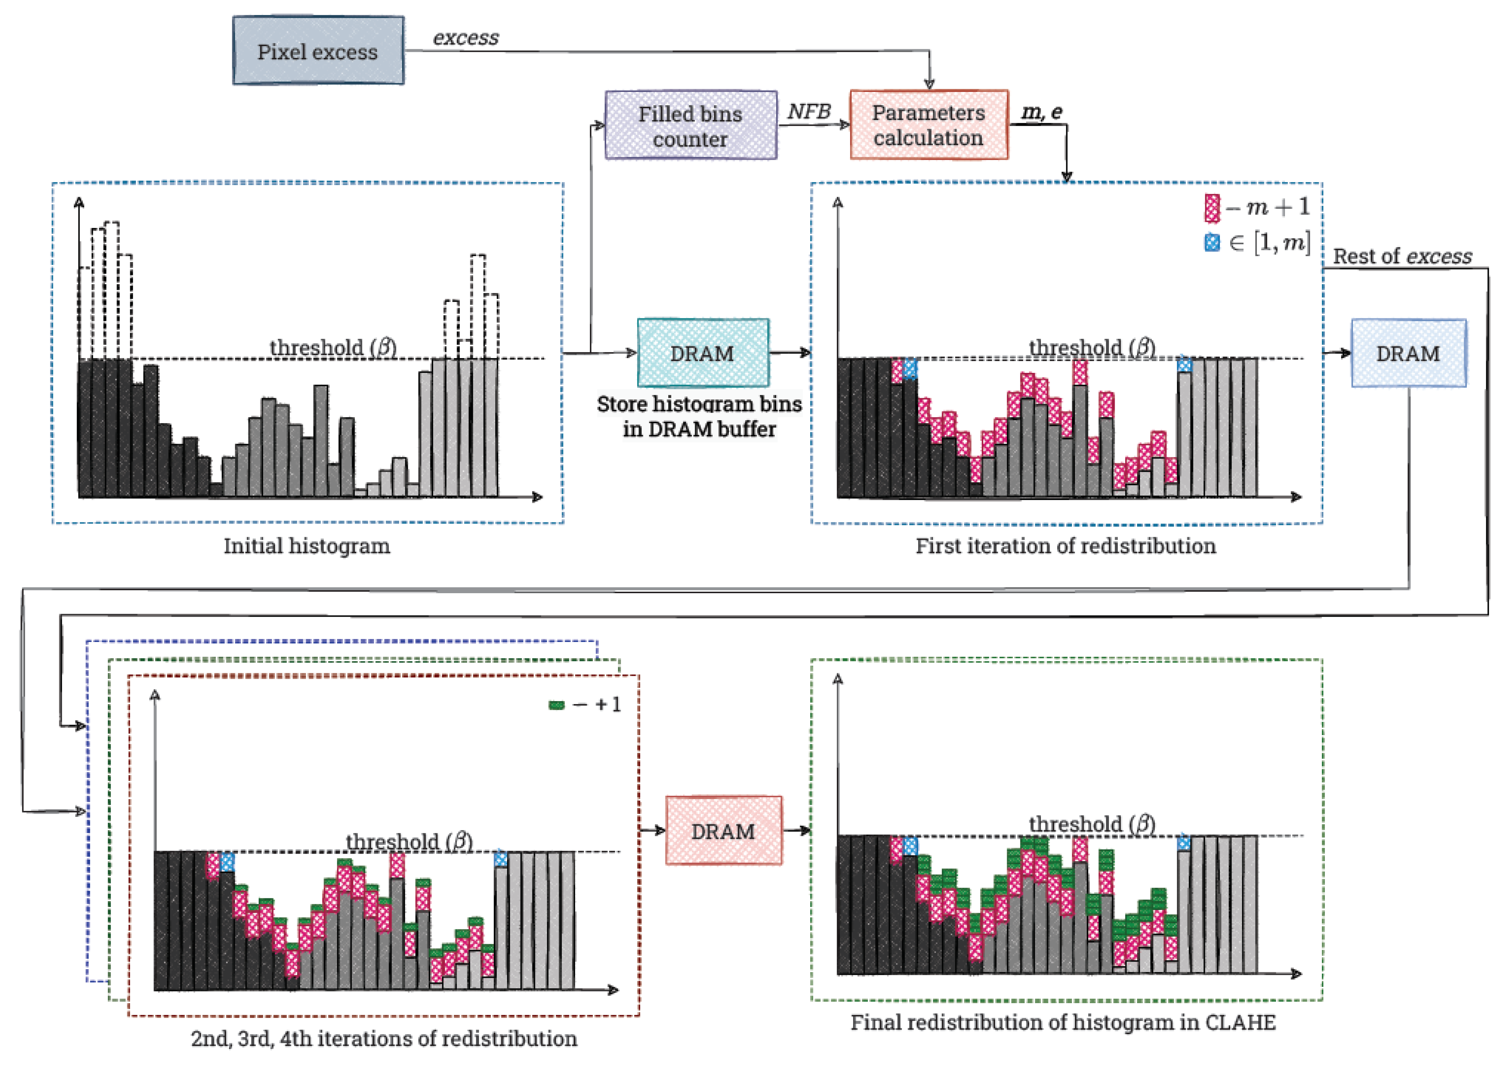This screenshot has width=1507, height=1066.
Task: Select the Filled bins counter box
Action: [x=690, y=125]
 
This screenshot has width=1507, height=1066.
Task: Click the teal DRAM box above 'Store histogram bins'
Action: [x=703, y=353]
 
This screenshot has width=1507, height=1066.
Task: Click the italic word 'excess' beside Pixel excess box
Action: [x=466, y=38]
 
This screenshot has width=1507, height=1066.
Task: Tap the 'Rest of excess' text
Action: [x=1402, y=256]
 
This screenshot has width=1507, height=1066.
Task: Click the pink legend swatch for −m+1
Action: [x=1212, y=208]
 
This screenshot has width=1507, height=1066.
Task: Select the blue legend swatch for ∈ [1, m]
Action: [x=1212, y=243]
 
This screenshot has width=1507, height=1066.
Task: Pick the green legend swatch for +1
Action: [x=556, y=705]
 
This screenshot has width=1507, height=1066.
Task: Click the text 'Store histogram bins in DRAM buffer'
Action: [x=699, y=416]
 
